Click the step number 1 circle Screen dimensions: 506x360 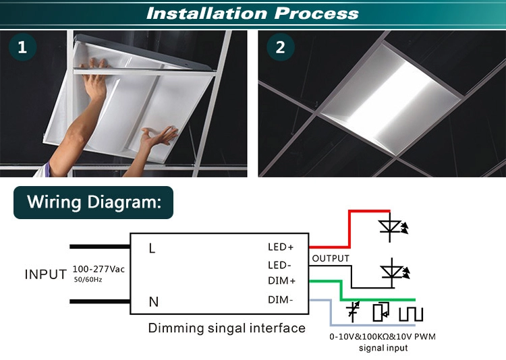click(22, 47)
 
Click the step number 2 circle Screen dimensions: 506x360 click(281, 47)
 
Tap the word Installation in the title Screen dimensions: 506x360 click(207, 13)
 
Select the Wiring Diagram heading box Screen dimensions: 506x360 click(93, 202)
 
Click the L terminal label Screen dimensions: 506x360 click(152, 248)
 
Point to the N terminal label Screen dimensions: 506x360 click(154, 302)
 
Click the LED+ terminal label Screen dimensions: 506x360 click(281, 247)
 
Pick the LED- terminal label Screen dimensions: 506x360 click(279, 265)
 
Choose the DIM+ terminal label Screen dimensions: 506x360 click(281, 280)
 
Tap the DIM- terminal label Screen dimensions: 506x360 click(280, 300)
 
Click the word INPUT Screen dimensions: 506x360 click(45, 274)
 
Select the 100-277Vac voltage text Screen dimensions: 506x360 click(99, 269)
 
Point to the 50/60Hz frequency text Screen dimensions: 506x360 click(88, 280)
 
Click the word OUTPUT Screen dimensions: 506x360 click(331, 258)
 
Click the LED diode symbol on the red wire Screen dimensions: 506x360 click(391, 227)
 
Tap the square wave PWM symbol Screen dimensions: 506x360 click(410, 314)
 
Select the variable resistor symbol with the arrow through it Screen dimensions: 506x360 click(353, 311)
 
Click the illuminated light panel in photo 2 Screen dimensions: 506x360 click(391, 100)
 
